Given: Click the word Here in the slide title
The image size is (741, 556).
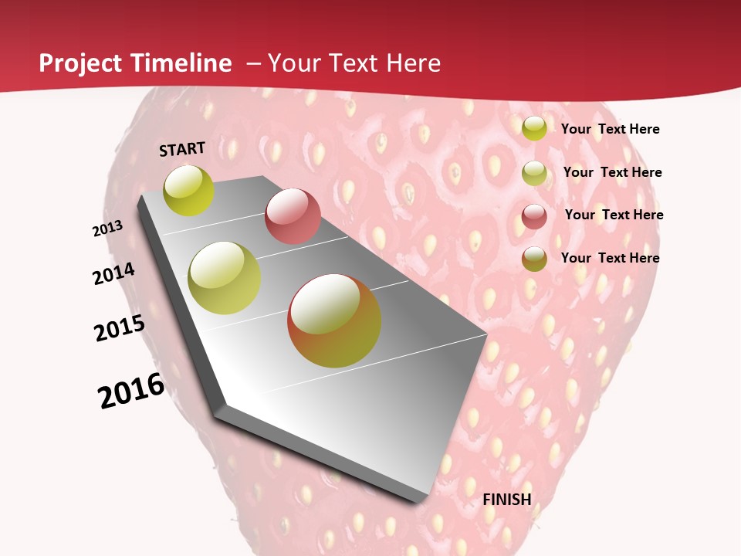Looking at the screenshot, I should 414,63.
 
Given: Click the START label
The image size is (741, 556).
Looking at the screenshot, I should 182,149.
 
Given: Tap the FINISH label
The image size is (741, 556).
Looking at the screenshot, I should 507,500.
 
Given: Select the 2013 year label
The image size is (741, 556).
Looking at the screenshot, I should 107,229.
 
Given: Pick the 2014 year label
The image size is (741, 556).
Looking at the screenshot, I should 113,273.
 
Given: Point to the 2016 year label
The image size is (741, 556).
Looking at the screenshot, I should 131,390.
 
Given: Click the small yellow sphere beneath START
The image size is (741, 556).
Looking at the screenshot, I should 189,190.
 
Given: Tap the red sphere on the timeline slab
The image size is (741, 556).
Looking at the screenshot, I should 293,216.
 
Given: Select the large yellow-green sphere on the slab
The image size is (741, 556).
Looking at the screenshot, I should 225,278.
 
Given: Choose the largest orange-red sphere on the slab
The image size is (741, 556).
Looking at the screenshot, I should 334,320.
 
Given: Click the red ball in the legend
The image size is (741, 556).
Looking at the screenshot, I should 534,216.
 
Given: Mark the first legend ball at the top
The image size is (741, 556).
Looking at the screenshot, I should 534,128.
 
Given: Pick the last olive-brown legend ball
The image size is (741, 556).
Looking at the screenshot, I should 534,259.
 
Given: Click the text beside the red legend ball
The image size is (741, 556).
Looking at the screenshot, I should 614,215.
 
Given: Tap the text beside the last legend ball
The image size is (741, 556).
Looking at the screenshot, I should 610,258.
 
